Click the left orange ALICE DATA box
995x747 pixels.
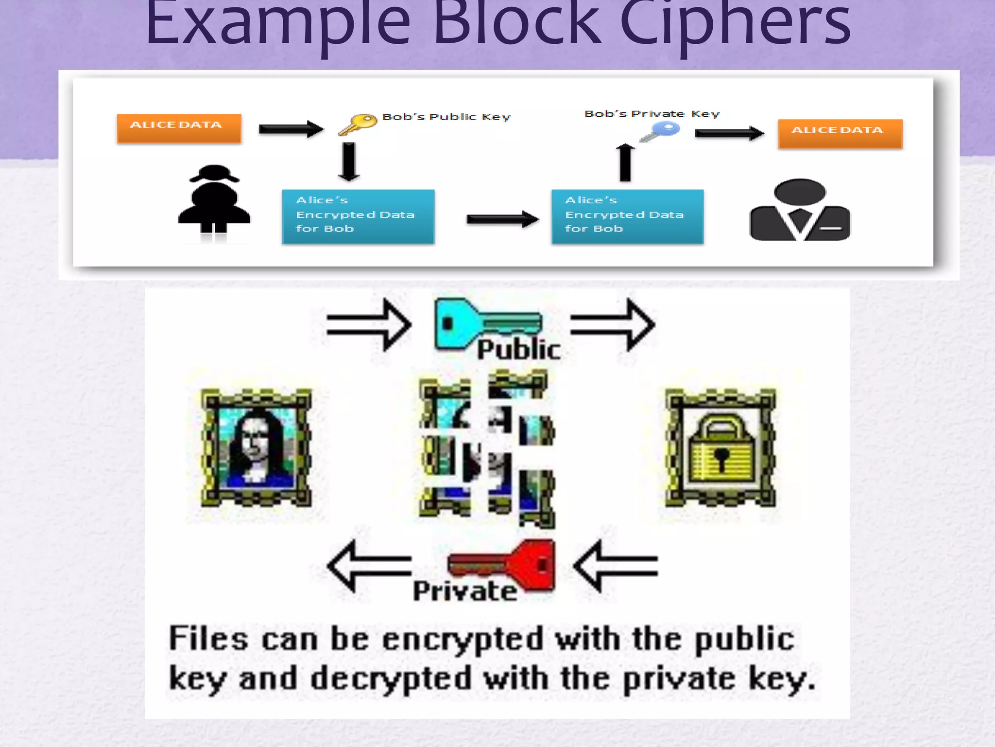click(179, 128)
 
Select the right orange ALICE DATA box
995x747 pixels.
click(840, 133)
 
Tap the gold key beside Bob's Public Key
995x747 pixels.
click(359, 124)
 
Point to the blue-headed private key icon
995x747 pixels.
click(661, 131)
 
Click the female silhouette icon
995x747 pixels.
click(214, 202)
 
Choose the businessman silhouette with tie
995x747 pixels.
click(800, 210)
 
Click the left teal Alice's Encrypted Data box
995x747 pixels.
click(358, 216)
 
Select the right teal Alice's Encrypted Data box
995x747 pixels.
click(627, 216)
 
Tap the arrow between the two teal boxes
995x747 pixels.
click(502, 219)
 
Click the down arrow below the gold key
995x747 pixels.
click(349, 161)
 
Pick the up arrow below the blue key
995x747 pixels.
click(626, 162)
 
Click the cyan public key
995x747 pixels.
click(486, 323)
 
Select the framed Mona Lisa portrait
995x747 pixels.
click(256, 448)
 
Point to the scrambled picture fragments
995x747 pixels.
click(487, 448)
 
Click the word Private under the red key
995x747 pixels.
click(465, 591)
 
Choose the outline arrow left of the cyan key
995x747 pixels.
click(369, 324)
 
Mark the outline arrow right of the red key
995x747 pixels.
click(616, 566)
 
